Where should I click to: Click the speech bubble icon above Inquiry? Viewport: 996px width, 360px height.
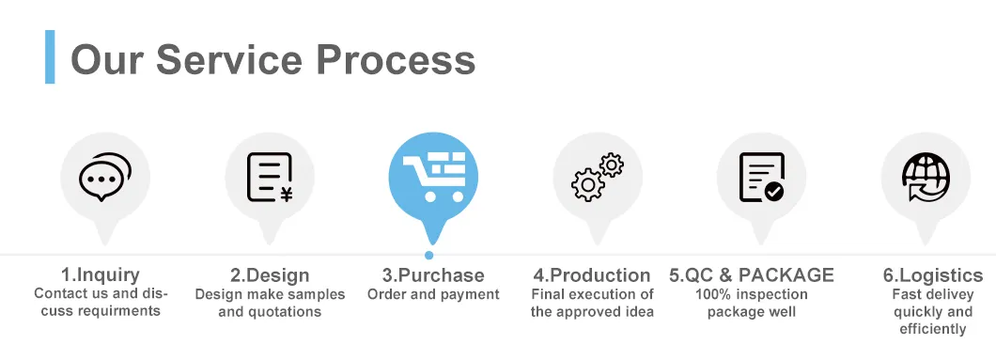[x=103, y=178]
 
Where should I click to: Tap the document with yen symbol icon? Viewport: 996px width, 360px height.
[x=269, y=178]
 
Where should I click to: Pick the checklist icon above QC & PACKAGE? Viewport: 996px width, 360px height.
[x=761, y=178]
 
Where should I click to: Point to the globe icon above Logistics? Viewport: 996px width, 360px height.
[x=926, y=178]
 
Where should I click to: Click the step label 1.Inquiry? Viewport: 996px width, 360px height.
[x=101, y=275]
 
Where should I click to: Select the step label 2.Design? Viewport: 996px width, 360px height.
[x=270, y=275]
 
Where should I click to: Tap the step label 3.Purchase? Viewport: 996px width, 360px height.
[x=433, y=275]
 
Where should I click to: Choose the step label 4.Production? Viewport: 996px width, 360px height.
[x=592, y=275]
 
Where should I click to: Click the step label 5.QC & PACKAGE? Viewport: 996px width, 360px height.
[x=752, y=275]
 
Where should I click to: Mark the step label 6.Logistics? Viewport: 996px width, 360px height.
[x=932, y=275]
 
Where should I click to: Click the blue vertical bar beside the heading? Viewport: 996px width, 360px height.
[x=50, y=57]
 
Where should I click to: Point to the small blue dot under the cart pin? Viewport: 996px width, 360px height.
[x=429, y=255]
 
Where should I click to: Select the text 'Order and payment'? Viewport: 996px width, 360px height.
[x=433, y=295]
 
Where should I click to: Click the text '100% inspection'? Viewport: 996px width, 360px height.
[x=752, y=295]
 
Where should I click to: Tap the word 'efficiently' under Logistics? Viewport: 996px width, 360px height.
[x=932, y=329]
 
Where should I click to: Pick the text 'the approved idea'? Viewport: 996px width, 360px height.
[x=592, y=312]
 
